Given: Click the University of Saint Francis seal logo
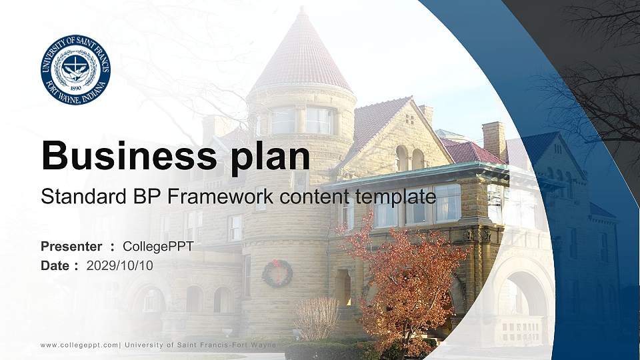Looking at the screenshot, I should (x=75, y=70).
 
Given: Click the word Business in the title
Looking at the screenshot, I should (x=123, y=155).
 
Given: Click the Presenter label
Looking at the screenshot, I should (x=71, y=247).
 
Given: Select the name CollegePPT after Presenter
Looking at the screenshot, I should (x=158, y=247).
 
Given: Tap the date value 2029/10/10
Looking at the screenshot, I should (x=120, y=265).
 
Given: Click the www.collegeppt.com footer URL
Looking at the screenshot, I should (x=79, y=345).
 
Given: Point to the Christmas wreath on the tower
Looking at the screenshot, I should (x=277, y=273).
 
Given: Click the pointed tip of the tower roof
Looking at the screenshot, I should (x=302, y=9).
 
